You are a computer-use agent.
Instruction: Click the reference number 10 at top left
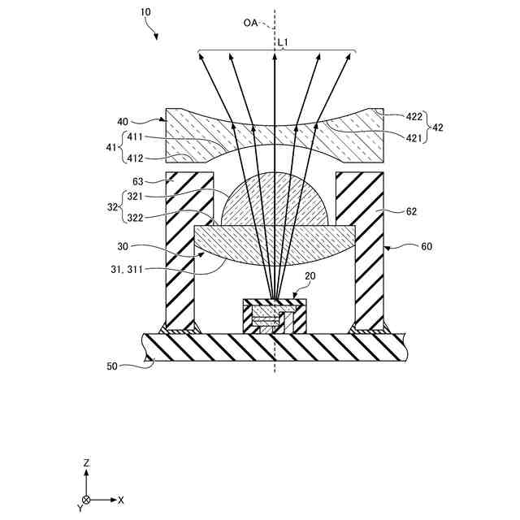pos(145,14)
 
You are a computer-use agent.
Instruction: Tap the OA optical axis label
pos(250,23)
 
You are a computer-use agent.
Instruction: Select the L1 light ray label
pos(284,40)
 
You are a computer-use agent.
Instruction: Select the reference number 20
pos(310,275)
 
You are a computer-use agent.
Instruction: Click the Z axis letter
pos(85,462)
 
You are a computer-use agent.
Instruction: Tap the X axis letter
pos(121,499)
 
